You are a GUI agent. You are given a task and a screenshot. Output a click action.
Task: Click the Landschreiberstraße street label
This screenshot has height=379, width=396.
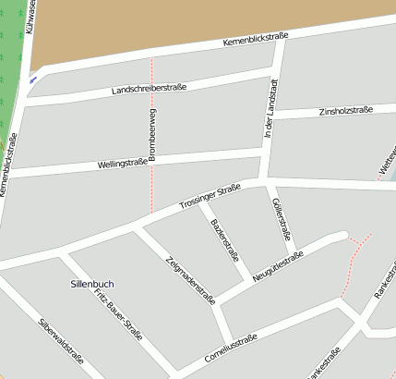coord(149,90)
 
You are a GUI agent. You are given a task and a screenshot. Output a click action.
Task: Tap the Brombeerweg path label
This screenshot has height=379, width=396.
coord(152,135)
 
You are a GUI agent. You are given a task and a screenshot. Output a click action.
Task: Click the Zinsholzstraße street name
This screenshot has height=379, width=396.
coord(345,111)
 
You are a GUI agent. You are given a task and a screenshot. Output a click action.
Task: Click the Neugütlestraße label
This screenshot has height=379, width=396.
coord(278,267)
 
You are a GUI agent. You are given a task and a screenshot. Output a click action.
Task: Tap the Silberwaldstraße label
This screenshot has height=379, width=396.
coord(61,344)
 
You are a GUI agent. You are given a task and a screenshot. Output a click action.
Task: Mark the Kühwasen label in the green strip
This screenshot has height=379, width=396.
coord(30,18)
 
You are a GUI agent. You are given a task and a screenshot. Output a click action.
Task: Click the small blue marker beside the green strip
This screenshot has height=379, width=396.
coord(34,79)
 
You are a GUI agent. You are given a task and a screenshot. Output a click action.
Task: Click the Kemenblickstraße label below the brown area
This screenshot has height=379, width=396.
coord(256,41)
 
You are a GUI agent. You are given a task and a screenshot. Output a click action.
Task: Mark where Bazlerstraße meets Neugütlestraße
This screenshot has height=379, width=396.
coord(250,281)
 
